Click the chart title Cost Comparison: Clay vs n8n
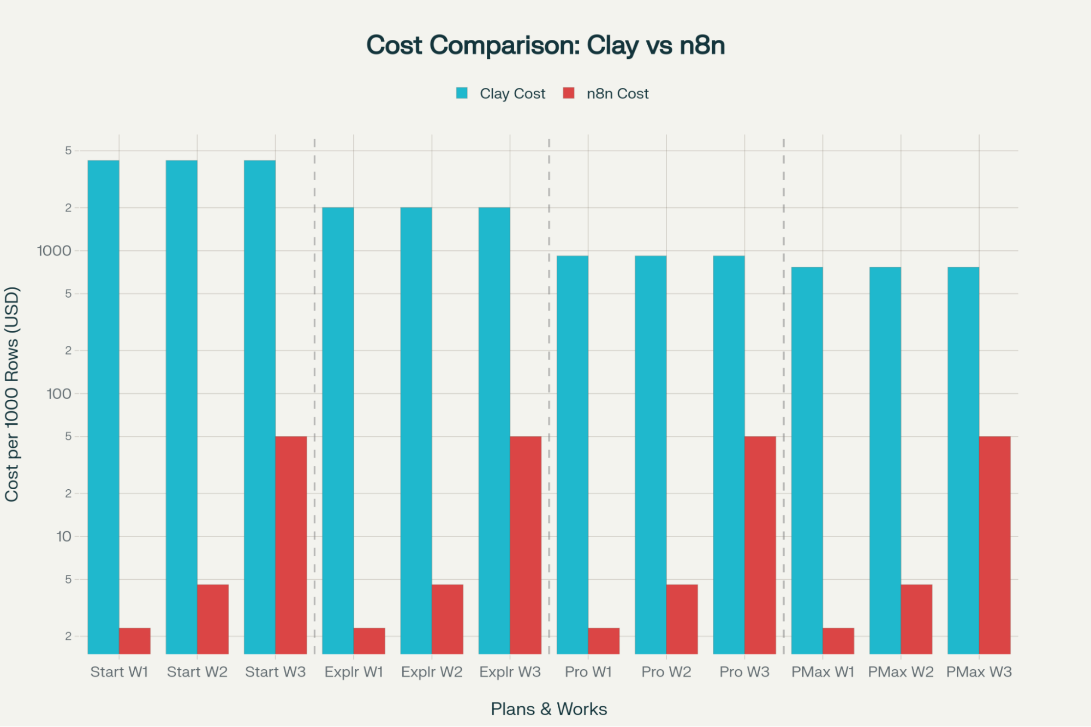(545, 45)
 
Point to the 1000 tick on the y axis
(54, 251)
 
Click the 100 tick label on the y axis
(59, 394)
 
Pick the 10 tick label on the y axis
(64, 537)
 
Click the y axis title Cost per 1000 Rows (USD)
(12, 394)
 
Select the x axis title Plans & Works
(549, 709)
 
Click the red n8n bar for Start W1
(135, 641)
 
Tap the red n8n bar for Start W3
(291, 545)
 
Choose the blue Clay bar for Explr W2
(416, 431)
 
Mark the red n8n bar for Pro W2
(682, 619)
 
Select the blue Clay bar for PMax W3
(963, 461)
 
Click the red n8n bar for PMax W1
(838, 641)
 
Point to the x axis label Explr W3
(510, 672)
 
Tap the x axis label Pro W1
(588, 672)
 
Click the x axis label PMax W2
(901, 672)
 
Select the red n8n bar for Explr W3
(526, 545)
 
